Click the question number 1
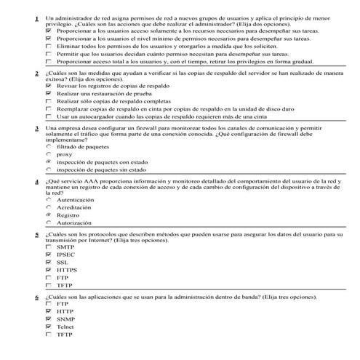click(x=36, y=17)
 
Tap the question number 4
click(x=36, y=180)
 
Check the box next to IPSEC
click(x=49, y=255)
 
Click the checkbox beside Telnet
click(x=49, y=327)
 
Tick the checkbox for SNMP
click(x=49, y=319)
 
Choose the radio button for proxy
click(x=49, y=154)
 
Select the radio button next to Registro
click(x=49, y=215)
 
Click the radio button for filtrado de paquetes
click(x=49, y=146)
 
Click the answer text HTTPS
click(x=67, y=271)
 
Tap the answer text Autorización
click(x=75, y=223)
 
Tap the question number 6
click(x=36, y=297)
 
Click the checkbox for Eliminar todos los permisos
click(x=49, y=46)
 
